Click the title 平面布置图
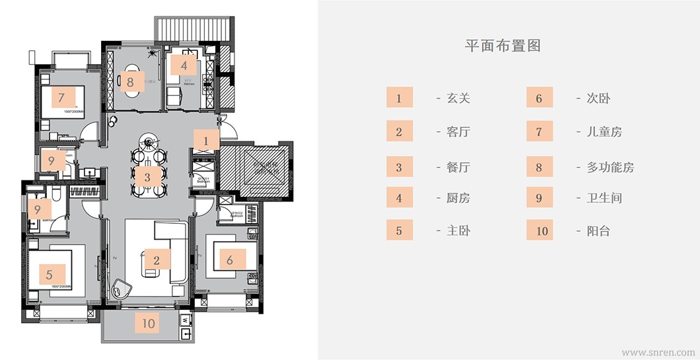point(503,46)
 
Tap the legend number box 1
point(399,98)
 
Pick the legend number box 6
point(539,98)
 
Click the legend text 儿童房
point(604,131)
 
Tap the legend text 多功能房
point(610,166)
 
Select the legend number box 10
point(539,231)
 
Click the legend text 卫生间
point(604,198)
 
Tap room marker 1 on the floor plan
point(206,141)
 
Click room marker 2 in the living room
point(156,260)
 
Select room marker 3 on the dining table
point(147,177)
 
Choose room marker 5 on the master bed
point(49,273)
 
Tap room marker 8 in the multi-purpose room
point(130,83)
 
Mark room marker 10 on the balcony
point(149,323)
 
